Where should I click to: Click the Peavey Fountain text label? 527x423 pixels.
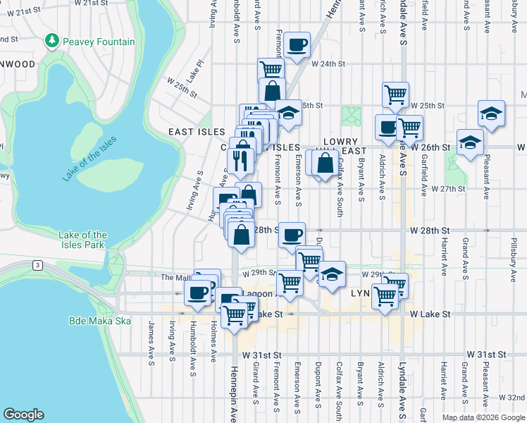click(98, 42)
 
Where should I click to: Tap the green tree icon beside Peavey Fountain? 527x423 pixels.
click(51, 42)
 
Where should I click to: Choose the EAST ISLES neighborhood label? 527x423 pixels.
click(197, 132)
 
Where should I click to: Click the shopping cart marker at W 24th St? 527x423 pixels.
click(271, 69)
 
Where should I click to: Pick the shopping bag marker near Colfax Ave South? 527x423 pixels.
click(325, 163)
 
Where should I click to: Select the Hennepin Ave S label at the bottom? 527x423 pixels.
click(235, 388)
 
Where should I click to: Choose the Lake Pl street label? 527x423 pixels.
click(195, 70)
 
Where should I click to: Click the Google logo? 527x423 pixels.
click(24, 415)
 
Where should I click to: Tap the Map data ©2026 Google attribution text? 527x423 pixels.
click(483, 417)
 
